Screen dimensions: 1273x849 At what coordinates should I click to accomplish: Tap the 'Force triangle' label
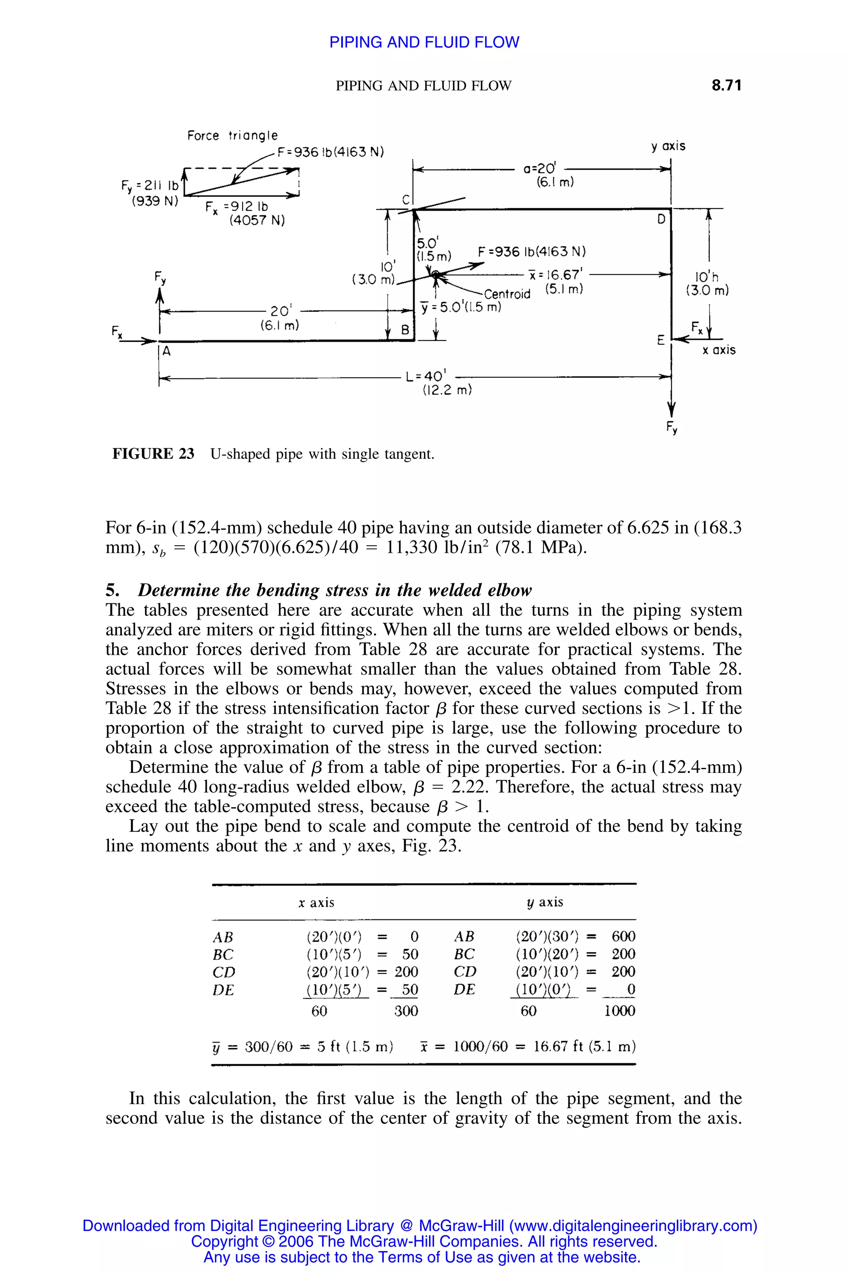click(232, 136)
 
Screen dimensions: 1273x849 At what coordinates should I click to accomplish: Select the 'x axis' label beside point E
click(718, 350)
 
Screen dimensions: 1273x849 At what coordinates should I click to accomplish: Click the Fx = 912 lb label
click(237, 207)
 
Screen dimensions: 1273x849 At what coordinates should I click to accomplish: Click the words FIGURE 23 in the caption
click(153, 454)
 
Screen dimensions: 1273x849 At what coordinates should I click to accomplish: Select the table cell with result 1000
click(619, 1011)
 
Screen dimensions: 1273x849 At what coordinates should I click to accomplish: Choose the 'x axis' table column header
click(316, 902)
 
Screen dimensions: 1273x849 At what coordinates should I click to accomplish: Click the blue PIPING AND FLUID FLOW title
click(424, 42)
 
